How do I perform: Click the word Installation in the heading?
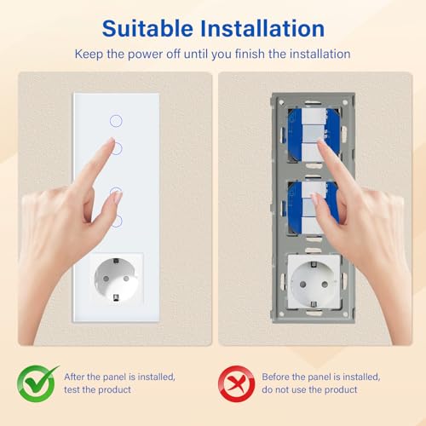[x=266, y=28]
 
